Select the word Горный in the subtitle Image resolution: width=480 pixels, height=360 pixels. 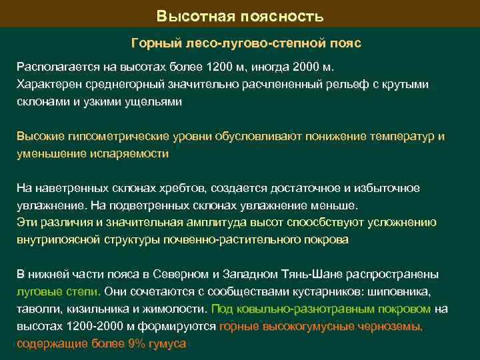153,44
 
